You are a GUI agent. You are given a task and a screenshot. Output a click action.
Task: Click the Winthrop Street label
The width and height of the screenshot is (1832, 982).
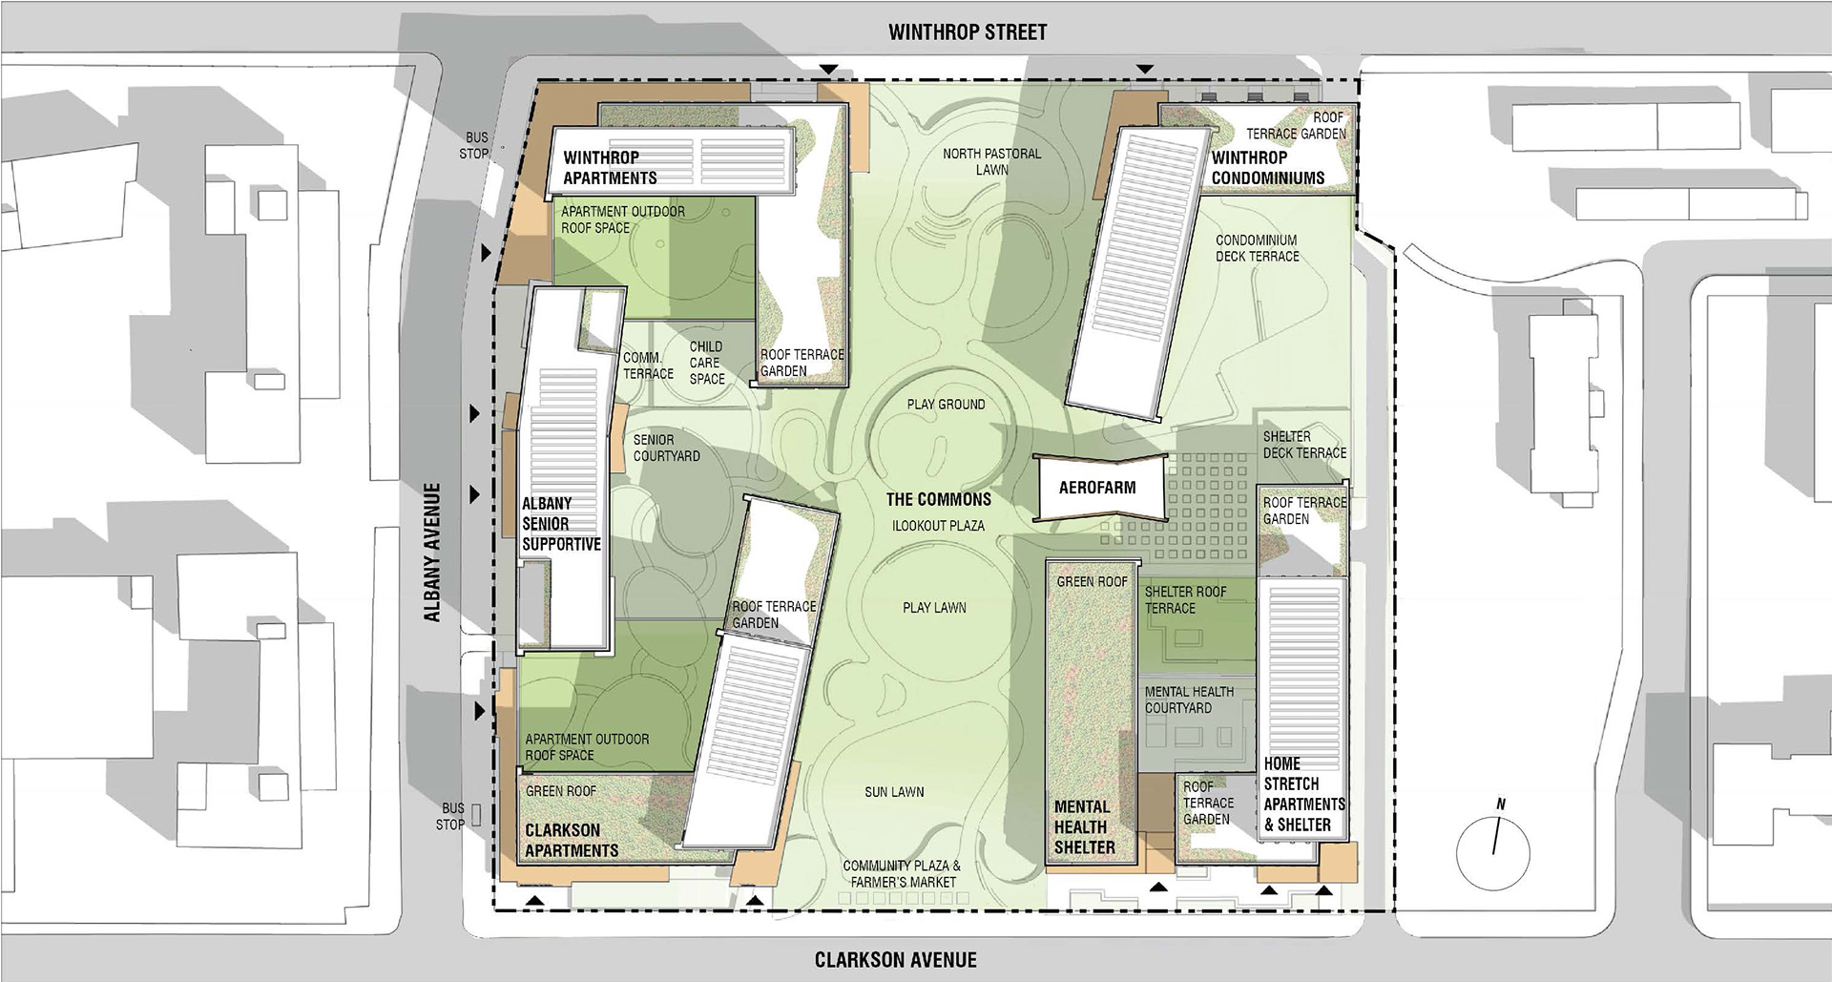[967, 32]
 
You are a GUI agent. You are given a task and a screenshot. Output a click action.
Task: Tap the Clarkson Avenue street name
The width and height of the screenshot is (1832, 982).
[895, 959]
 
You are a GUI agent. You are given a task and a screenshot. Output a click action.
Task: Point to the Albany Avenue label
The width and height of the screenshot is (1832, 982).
[432, 553]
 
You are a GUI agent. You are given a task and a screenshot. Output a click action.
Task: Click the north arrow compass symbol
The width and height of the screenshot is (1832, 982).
[1493, 846]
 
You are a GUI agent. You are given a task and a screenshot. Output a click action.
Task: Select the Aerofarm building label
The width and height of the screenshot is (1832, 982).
[1097, 488]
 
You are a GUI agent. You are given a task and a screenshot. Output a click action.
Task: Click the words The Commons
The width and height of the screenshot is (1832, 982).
[938, 499]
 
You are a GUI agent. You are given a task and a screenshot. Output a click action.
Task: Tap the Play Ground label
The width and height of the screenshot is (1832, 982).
[946, 405]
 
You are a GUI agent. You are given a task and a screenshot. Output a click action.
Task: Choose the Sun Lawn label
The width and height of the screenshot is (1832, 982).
[894, 792]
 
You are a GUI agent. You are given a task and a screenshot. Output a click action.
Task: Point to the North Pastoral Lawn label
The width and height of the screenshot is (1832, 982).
[991, 161]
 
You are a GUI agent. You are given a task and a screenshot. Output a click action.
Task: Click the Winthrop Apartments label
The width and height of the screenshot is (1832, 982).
[610, 168]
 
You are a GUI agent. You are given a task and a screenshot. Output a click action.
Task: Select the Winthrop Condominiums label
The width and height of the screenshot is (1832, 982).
[1267, 168]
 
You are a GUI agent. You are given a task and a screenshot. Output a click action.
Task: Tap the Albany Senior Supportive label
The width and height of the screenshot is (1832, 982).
[561, 524]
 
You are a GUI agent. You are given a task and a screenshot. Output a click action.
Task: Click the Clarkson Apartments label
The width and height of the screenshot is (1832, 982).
[572, 841]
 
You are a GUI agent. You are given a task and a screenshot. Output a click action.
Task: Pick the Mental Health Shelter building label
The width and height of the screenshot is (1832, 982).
[1084, 826]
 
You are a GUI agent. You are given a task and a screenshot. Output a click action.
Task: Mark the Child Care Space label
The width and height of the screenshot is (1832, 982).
[706, 363]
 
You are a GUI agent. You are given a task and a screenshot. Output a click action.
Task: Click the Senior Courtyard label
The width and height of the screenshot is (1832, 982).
[666, 449]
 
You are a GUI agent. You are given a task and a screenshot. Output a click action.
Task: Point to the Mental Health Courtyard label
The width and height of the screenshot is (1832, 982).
[1189, 700]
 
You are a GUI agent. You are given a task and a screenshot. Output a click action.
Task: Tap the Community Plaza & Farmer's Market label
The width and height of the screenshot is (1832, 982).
[902, 874]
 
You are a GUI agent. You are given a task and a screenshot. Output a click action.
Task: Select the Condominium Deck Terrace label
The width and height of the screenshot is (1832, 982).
[1257, 248]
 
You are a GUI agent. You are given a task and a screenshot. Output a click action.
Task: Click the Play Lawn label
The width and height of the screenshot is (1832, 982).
[934, 607]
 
